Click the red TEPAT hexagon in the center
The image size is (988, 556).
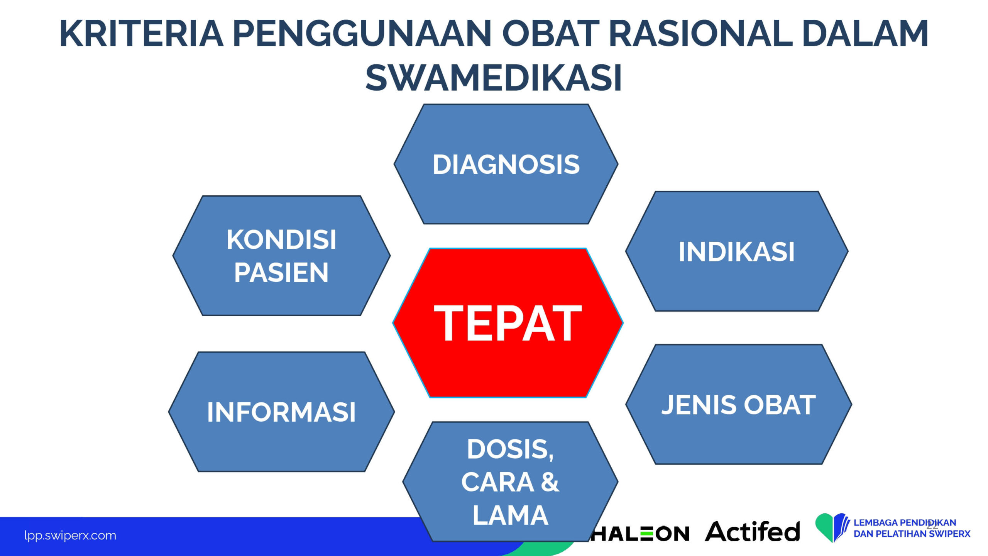point(508,323)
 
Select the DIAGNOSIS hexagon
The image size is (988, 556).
point(506,164)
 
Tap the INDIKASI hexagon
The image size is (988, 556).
point(737,251)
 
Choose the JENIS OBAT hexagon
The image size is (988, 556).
point(739,404)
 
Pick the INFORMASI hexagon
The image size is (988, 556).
point(281,412)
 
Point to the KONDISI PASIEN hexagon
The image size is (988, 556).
point(281,256)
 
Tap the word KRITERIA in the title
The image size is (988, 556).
point(142,34)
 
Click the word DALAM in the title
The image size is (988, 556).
point(864,34)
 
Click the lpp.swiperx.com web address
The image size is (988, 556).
point(70,536)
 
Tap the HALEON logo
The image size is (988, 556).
point(639,534)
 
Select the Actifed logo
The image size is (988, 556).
point(752,531)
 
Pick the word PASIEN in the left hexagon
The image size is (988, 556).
point(281,273)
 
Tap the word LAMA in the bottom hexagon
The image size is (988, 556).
point(510,515)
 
